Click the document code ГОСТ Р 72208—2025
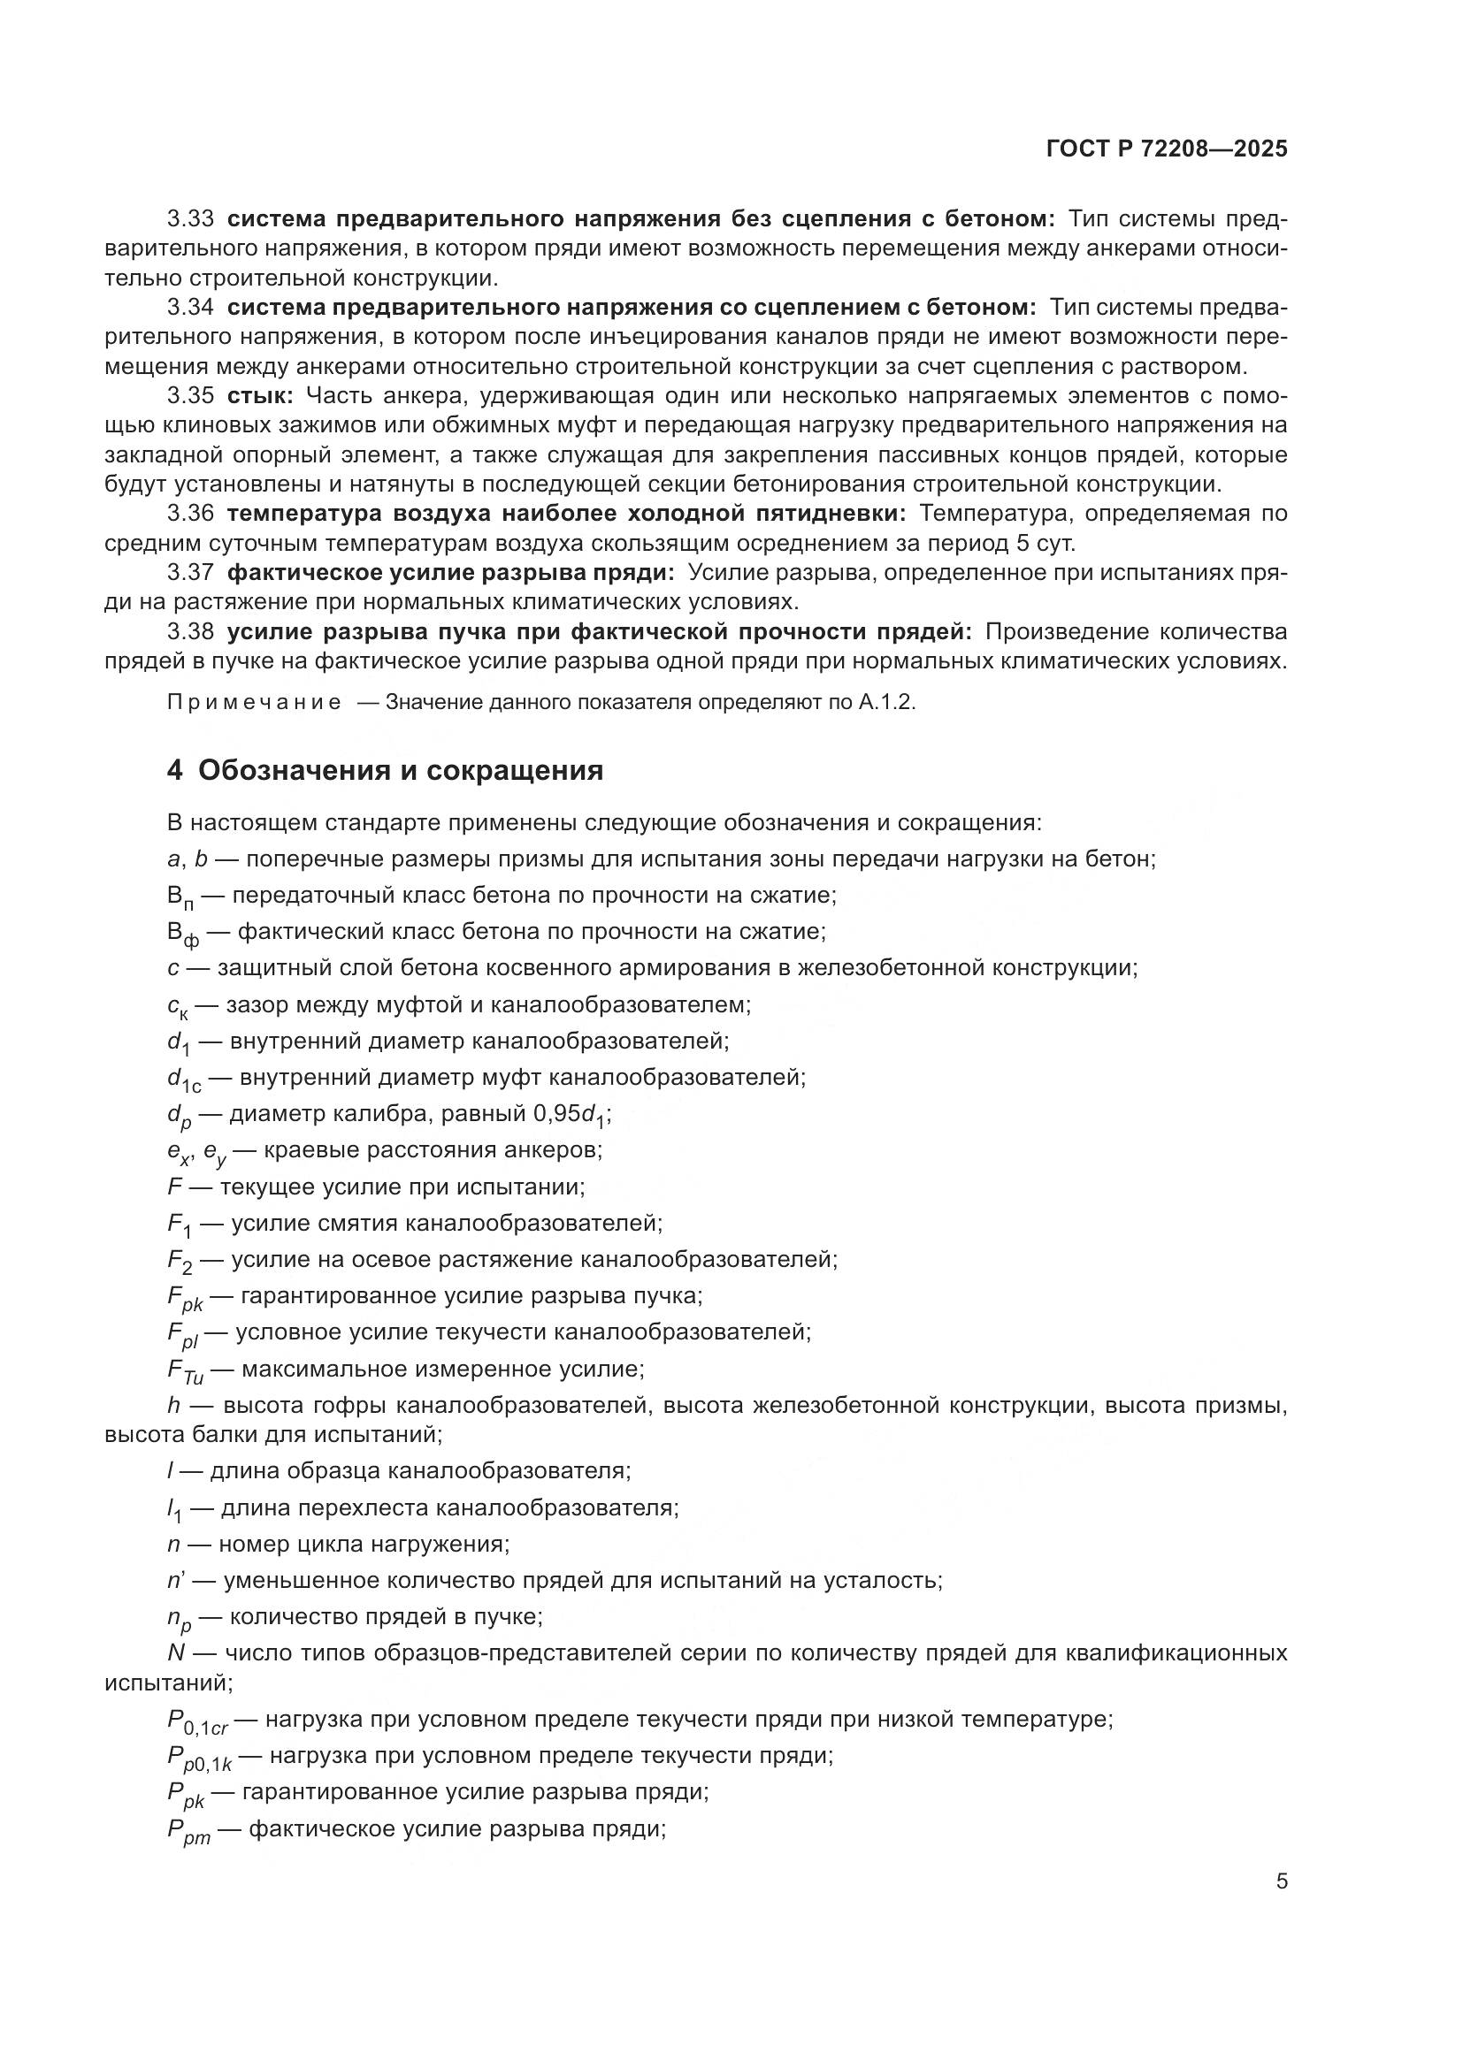(1167, 149)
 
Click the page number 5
(1281, 1881)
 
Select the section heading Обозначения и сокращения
(400, 771)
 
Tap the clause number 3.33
(190, 219)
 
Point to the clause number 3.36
(190, 514)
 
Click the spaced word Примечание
(254, 704)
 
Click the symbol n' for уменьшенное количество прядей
(177, 1581)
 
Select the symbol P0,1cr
(197, 1723)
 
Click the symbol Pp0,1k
(199, 1759)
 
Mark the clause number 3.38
(190, 632)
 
